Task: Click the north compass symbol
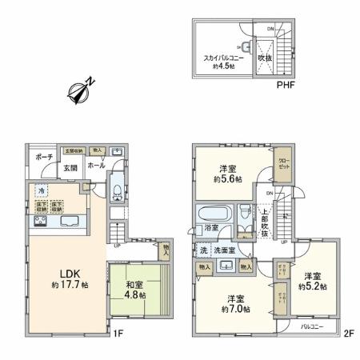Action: [x=81, y=90]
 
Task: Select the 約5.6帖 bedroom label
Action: [x=227, y=173]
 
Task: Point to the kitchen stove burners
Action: [x=46, y=222]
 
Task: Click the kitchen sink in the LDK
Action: [x=68, y=222]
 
